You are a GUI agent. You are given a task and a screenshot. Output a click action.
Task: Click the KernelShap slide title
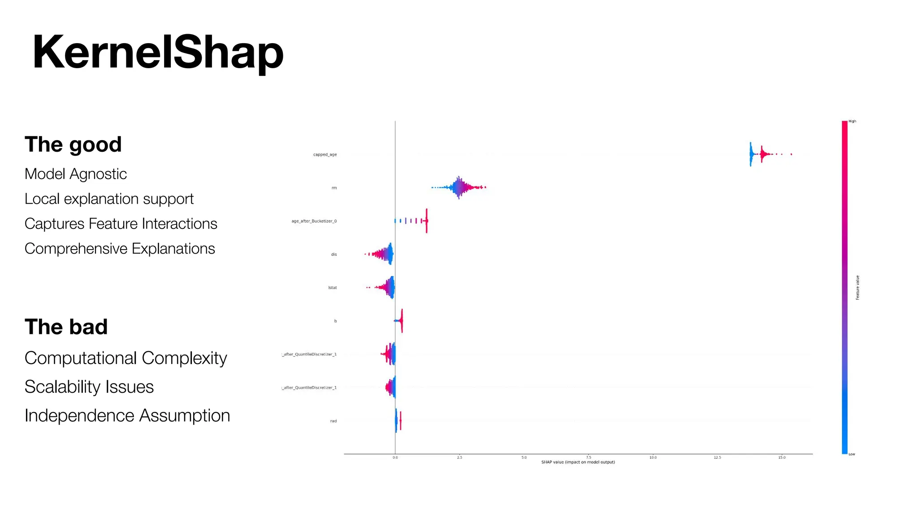(x=158, y=53)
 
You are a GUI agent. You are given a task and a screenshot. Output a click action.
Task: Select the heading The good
(x=73, y=145)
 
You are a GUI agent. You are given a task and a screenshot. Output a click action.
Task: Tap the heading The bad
(x=66, y=327)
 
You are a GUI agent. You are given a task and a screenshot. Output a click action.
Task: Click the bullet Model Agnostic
(x=76, y=174)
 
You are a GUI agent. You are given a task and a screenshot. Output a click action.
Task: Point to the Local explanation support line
(x=109, y=199)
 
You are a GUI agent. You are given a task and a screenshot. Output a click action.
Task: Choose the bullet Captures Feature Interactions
(x=121, y=223)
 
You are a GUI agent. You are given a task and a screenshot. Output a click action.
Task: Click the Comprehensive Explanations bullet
(x=120, y=249)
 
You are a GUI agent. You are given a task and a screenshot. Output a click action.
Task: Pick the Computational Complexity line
(x=126, y=358)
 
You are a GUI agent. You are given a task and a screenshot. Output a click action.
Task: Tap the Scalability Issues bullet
(x=89, y=387)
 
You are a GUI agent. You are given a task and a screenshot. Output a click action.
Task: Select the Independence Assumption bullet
(x=127, y=416)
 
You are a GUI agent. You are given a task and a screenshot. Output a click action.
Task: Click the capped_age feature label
(x=325, y=155)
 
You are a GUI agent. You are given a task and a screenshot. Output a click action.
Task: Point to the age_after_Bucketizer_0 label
(x=314, y=221)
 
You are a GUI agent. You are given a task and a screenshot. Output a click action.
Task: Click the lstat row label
(x=332, y=288)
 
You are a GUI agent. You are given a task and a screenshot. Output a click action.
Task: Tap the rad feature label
(x=333, y=421)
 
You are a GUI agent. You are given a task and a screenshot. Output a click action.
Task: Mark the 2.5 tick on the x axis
(x=459, y=457)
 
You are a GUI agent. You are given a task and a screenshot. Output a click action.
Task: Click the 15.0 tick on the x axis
(x=782, y=457)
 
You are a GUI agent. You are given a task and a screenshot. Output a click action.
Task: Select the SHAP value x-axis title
(x=578, y=462)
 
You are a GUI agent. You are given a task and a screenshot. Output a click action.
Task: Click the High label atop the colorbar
(x=852, y=121)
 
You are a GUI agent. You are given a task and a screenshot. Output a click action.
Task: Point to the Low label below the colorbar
(x=852, y=454)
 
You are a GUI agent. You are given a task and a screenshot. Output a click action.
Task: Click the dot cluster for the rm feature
(x=459, y=188)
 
